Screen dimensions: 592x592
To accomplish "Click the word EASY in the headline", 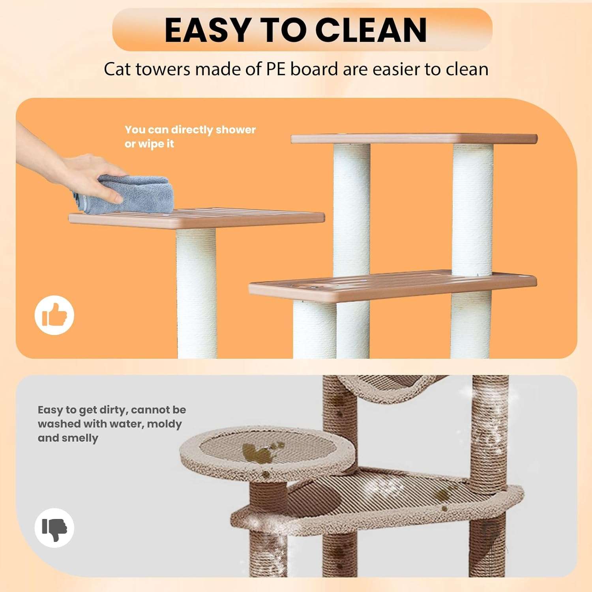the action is (207, 30).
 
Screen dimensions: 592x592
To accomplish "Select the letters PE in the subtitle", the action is (276, 69).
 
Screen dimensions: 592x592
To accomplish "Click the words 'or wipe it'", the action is (149, 144).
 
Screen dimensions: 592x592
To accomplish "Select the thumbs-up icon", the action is (54, 315).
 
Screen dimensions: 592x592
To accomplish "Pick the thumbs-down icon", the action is (54, 528).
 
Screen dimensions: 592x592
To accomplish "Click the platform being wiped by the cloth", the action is (197, 218).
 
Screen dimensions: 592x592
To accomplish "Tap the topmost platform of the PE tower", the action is (414, 139).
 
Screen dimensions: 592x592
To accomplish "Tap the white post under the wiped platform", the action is (197, 293).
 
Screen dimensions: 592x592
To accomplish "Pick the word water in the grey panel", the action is (127, 424).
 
